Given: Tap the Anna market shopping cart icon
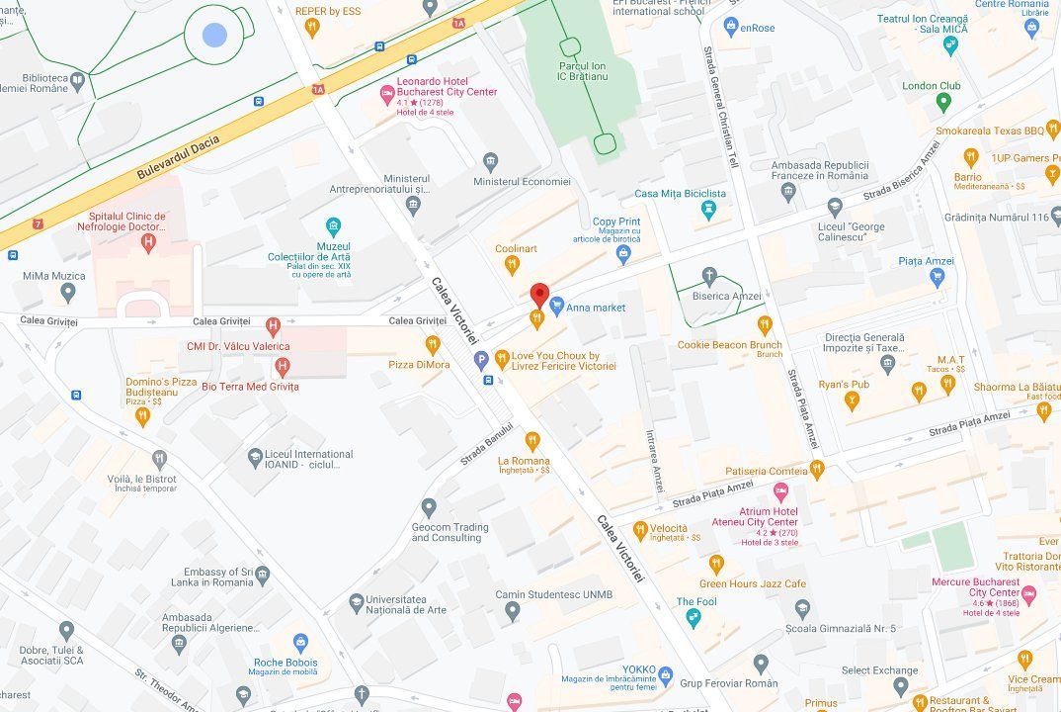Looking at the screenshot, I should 556,307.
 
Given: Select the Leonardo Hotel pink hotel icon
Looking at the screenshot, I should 387,95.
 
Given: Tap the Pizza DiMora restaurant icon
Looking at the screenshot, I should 432,344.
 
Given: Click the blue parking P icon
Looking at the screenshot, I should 482,359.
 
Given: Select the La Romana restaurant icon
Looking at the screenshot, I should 532,440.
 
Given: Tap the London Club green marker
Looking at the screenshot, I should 943,101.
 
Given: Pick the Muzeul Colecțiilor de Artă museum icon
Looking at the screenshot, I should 333,226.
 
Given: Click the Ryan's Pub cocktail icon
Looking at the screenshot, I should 852,400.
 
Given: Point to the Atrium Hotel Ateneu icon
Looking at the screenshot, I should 780,491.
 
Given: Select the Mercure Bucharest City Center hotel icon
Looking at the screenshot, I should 1028,594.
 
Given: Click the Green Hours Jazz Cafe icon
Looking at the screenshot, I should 717,564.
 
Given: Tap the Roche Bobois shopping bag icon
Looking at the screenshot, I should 299,643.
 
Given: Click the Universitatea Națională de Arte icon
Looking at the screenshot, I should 357,602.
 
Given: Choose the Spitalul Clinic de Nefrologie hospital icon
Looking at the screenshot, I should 148,242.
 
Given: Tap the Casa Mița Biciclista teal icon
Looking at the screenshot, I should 708,210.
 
